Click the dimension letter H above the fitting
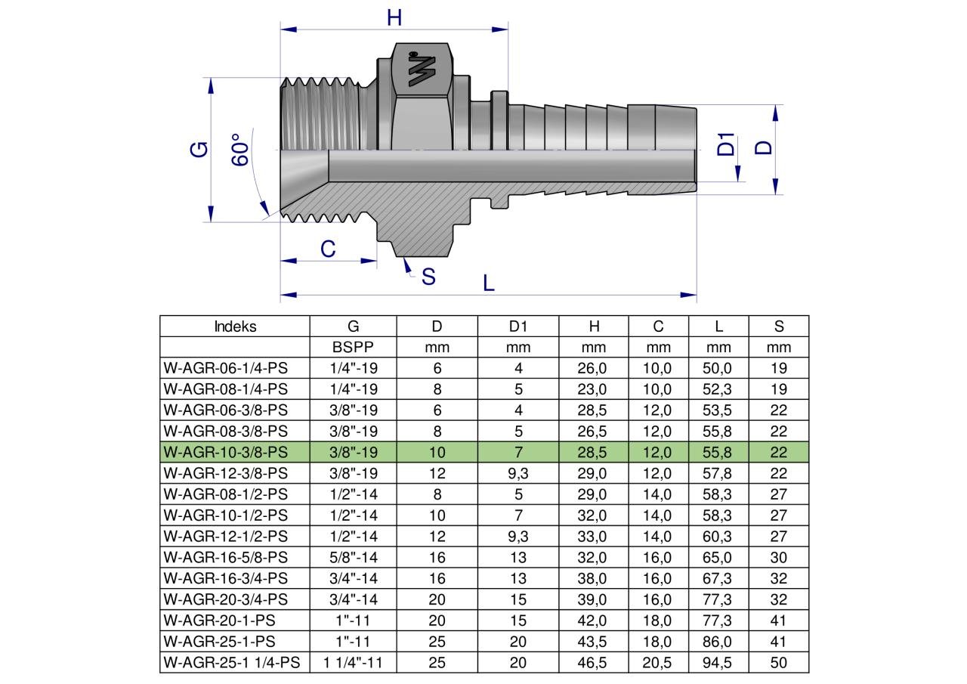pyautogui.click(x=394, y=17)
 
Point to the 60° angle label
pyautogui.click(x=240, y=150)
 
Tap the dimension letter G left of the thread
pyautogui.click(x=199, y=150)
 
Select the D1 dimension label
pyautogui.click(x=726, y=144)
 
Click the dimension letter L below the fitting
pyautogui.click(x=488, y=283)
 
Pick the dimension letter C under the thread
pyautogui.click(x=328, y=249)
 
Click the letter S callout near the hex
pyautogui.click(x=428, y=277)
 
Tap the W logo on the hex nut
pyautogui.click(x=422, y=69)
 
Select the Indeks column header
pyautogui.click(x=235, y=327)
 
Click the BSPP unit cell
pyautogui.click(x=353, y=347)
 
